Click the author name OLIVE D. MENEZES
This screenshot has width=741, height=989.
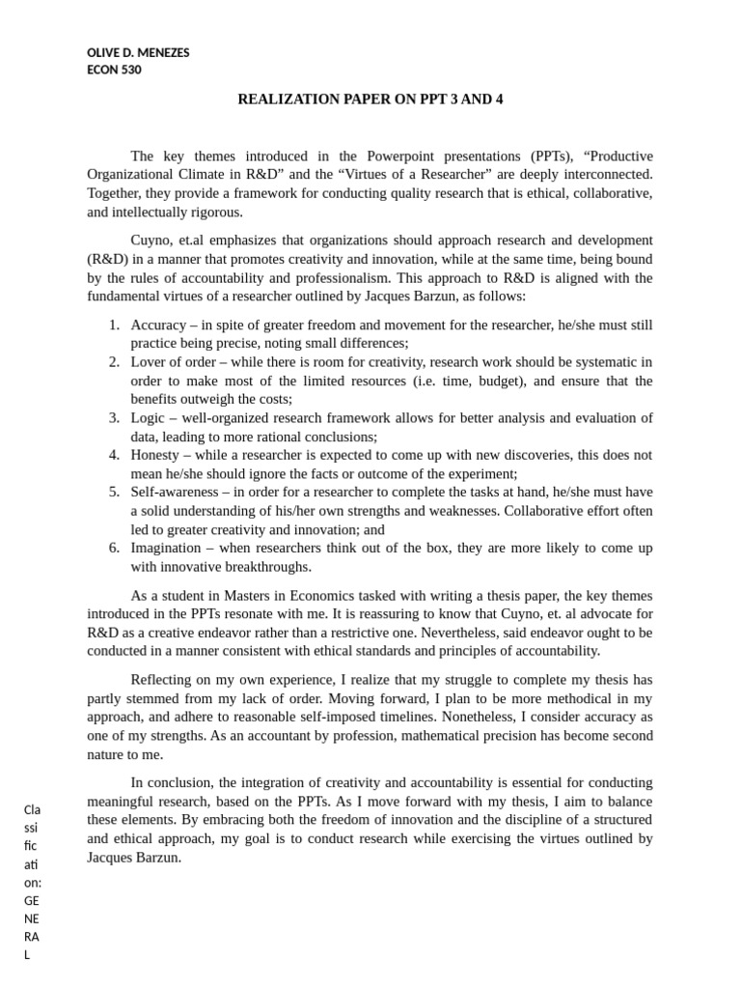point(138,53)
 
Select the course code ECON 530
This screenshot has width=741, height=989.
point(114,70)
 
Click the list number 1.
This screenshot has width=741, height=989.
point(113,325)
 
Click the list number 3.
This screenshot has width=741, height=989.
point(113,418)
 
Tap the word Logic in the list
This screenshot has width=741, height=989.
point(149,418)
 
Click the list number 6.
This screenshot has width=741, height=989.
point(113,548)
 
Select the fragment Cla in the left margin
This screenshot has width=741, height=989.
point(32,809)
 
